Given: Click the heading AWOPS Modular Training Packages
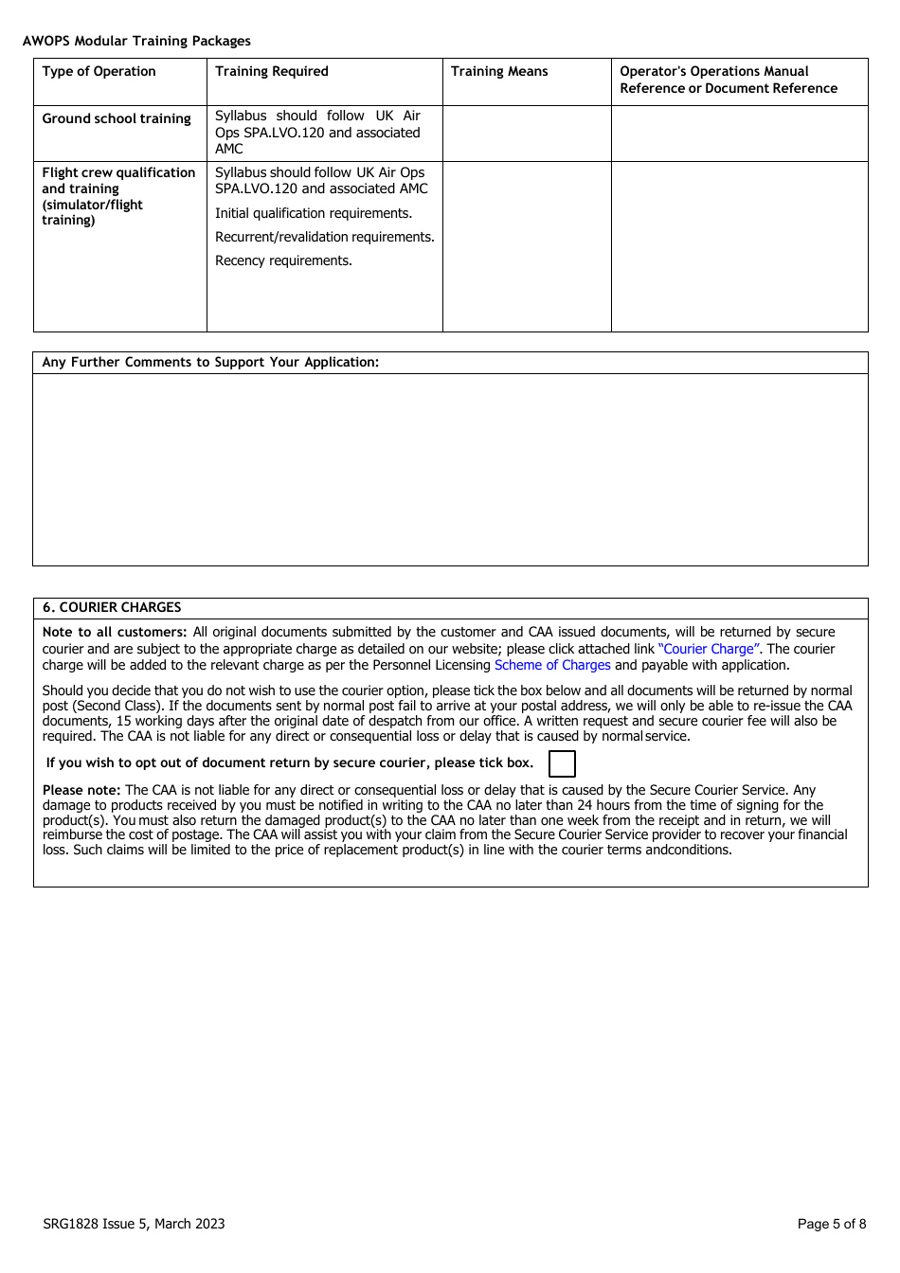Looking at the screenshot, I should [x=136, y=41].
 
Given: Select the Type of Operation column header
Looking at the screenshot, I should [x=99, y=71].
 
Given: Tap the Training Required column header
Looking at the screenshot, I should [x=272, y=71].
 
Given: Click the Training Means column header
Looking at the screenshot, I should [x=499, y=71].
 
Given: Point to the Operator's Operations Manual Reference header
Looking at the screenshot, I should [x=728, y=80].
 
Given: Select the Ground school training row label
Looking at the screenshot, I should [x=117, y=118].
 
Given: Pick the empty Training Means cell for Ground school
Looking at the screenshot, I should [x=527, y=134].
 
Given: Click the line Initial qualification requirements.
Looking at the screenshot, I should [x=314, y=213].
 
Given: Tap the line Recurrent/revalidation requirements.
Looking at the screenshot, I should [x=324, y=237].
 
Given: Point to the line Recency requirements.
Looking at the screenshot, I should [x=283, y=260].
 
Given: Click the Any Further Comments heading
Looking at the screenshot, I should [x=210, y=362].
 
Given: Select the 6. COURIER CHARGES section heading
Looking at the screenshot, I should [x=112, y=607].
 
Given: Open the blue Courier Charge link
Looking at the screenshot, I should [x=709, y=649].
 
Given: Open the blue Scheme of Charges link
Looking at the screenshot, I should [x=552, y=665].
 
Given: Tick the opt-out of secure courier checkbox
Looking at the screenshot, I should [x=562, y=763].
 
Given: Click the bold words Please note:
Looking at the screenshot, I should [x=81, y=790].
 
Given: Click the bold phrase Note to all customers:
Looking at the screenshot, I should [x=115, y=632].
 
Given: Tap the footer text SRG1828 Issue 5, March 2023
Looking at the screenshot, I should [x=134, y=1224].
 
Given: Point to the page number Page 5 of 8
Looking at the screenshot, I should [x=831, y=1224].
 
